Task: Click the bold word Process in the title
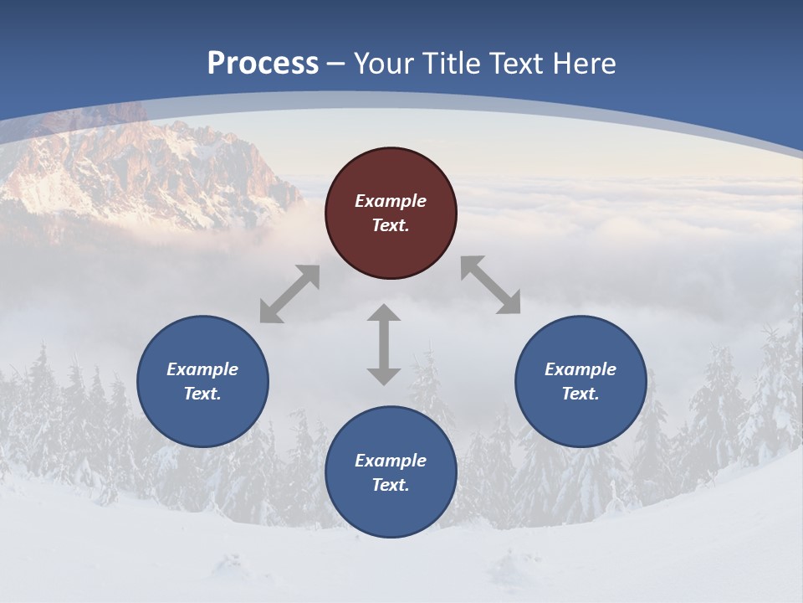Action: (x=263, y=64)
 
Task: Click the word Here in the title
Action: (x=587, y=64)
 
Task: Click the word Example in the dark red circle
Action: (x=391, y=201)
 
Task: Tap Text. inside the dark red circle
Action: (x=391, y=225)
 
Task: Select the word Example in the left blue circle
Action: (x=202, y=369)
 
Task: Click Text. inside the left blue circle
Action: (x=202, y=394)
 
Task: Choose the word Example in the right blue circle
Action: (x=581, y=369)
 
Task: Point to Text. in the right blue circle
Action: (x=581, y=394)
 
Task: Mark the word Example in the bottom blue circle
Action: (x=391, y=461)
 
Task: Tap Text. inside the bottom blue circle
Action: (x=391, y=485)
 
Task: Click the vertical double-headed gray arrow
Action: (x=384, y=344)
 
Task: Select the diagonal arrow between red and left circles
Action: (x=289, y=294)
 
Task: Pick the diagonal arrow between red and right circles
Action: (x=491, y=285)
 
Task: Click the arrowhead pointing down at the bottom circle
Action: (x=384, y=376)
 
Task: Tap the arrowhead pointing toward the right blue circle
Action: (x=509, y=303)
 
